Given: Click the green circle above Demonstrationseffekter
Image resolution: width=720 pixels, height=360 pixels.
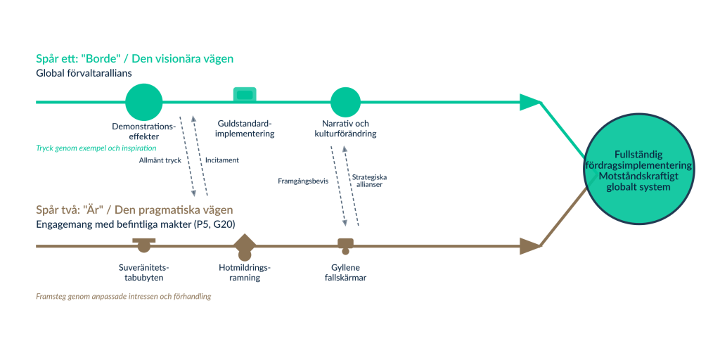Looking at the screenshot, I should (143, 102).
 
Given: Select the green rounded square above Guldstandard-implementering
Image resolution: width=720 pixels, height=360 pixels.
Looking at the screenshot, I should (245, 94).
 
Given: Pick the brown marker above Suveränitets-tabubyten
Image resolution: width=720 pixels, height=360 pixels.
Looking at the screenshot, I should (143, 243).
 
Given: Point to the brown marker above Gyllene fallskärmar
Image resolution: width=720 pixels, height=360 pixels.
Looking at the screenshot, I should (345, 244).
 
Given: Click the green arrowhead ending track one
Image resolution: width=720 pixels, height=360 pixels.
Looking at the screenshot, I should (529, 102).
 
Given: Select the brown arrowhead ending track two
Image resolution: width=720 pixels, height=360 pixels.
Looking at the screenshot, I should (529, 246).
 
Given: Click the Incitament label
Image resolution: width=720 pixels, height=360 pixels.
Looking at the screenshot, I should (222, 160).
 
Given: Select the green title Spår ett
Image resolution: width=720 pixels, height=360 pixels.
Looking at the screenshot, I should (134, 59).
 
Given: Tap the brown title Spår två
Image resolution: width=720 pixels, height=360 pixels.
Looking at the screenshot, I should (134, 210).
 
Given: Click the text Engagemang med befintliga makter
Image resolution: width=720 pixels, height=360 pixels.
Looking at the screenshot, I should (135, 224).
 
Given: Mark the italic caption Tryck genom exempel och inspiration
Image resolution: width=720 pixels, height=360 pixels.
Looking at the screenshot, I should (96, 149).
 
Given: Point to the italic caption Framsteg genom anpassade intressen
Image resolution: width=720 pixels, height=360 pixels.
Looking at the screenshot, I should (123, 297).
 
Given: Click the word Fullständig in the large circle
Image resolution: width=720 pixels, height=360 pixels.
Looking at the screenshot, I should (638, 153).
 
